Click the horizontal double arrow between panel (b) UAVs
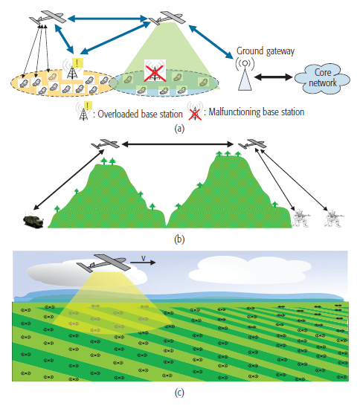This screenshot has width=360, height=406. point(179,144)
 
